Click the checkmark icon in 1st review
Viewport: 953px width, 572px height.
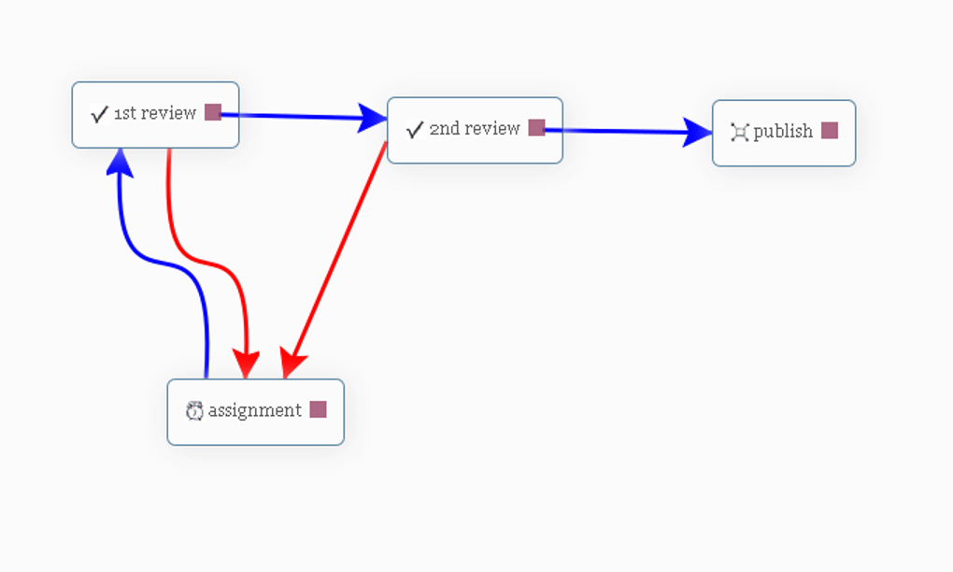click(x=99, y=114)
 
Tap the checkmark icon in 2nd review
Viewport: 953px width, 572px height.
click(x=415, y=130)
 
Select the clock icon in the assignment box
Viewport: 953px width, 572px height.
click(x=194, y=410)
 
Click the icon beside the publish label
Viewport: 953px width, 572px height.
click(x=739, y=132)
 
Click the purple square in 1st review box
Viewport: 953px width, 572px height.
click(x=213, y=112)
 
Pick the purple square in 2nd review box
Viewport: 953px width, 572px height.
click(x=536, y=128)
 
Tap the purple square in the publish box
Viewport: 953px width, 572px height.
click(x=830, y=131)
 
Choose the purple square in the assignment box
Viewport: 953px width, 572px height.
click(x=318, y=409)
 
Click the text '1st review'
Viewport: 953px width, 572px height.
click(x=155, y=113)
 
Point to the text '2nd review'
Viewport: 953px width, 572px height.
click(x=474, y=129)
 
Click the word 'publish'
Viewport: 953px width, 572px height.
click(x=783, y=131)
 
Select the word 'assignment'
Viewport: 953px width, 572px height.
click(x=254, y=410)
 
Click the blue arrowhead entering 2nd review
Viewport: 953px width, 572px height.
click(x=374, y=118)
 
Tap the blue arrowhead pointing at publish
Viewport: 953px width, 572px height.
click(x=698, y=132)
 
